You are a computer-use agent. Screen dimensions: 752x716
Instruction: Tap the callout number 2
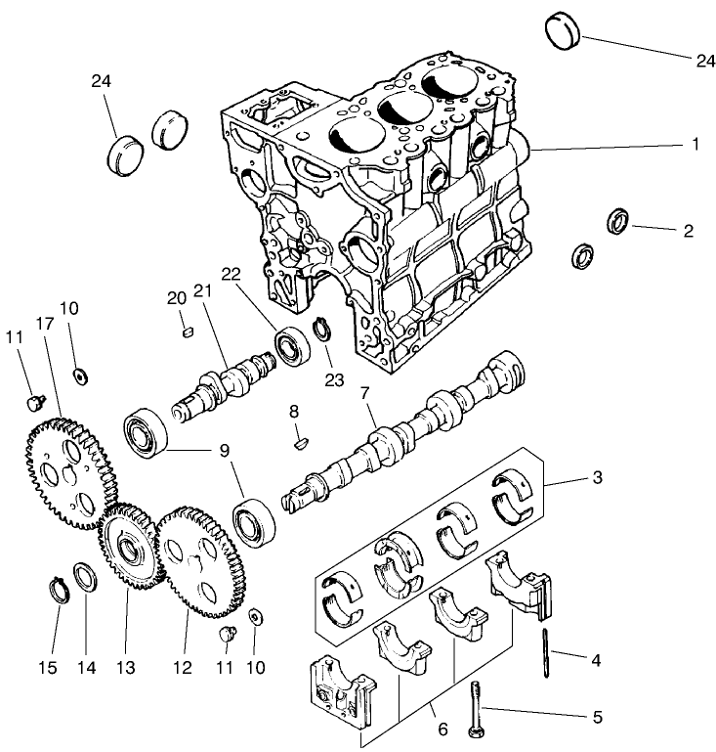(x=688, y=232)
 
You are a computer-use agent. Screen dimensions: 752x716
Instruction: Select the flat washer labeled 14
(x=85, y=577)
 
